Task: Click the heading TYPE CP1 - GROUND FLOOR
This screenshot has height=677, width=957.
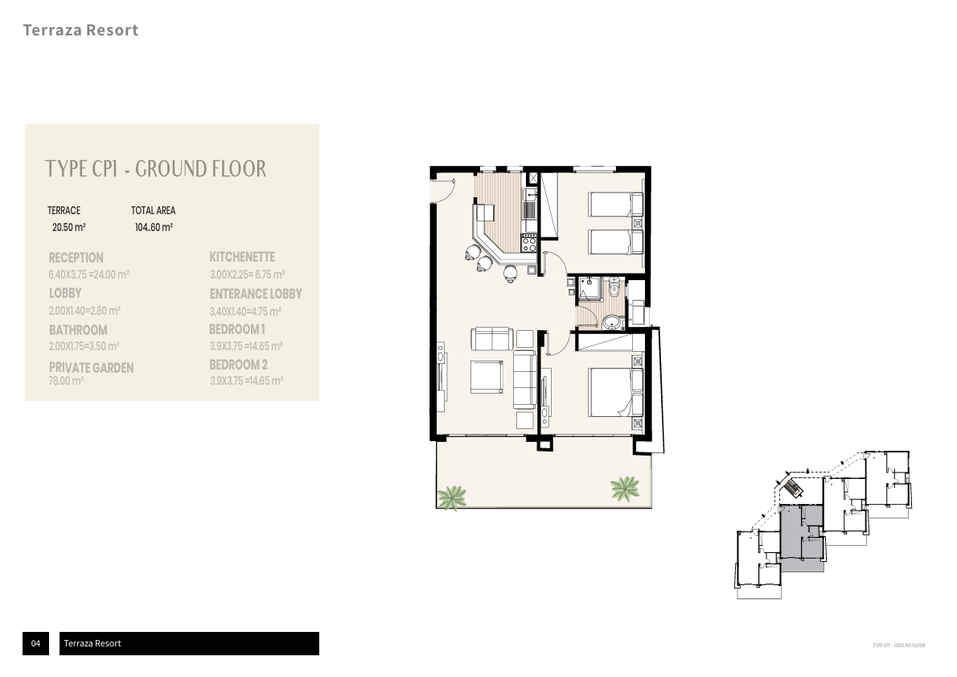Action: click(x=155, y=169)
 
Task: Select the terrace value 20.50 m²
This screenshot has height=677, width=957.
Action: click(x=68, y=228)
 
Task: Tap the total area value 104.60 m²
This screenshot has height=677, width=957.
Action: click(x=154, y=228)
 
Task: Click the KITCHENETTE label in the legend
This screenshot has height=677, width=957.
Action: click(x=242, y=257)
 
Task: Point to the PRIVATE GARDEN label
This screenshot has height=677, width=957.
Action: click(x=91, y=368)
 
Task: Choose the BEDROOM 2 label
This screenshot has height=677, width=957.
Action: click(x=238, y=365)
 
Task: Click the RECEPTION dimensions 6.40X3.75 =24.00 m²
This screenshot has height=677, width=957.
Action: click(x=88, y=275)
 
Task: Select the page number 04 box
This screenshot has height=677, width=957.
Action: click(x=35, y=643)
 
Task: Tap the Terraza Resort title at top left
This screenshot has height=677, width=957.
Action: click(x=80, y=31)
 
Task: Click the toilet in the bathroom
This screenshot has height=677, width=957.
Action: click(x=614, y=287)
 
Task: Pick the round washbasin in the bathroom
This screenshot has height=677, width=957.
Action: click(x=613, y=323)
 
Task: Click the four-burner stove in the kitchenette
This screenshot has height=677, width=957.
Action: click(x=529, y=242)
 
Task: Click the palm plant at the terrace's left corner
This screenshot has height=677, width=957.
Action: click(x=453, y=496)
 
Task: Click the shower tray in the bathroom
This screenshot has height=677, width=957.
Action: click(x=588, y=288)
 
